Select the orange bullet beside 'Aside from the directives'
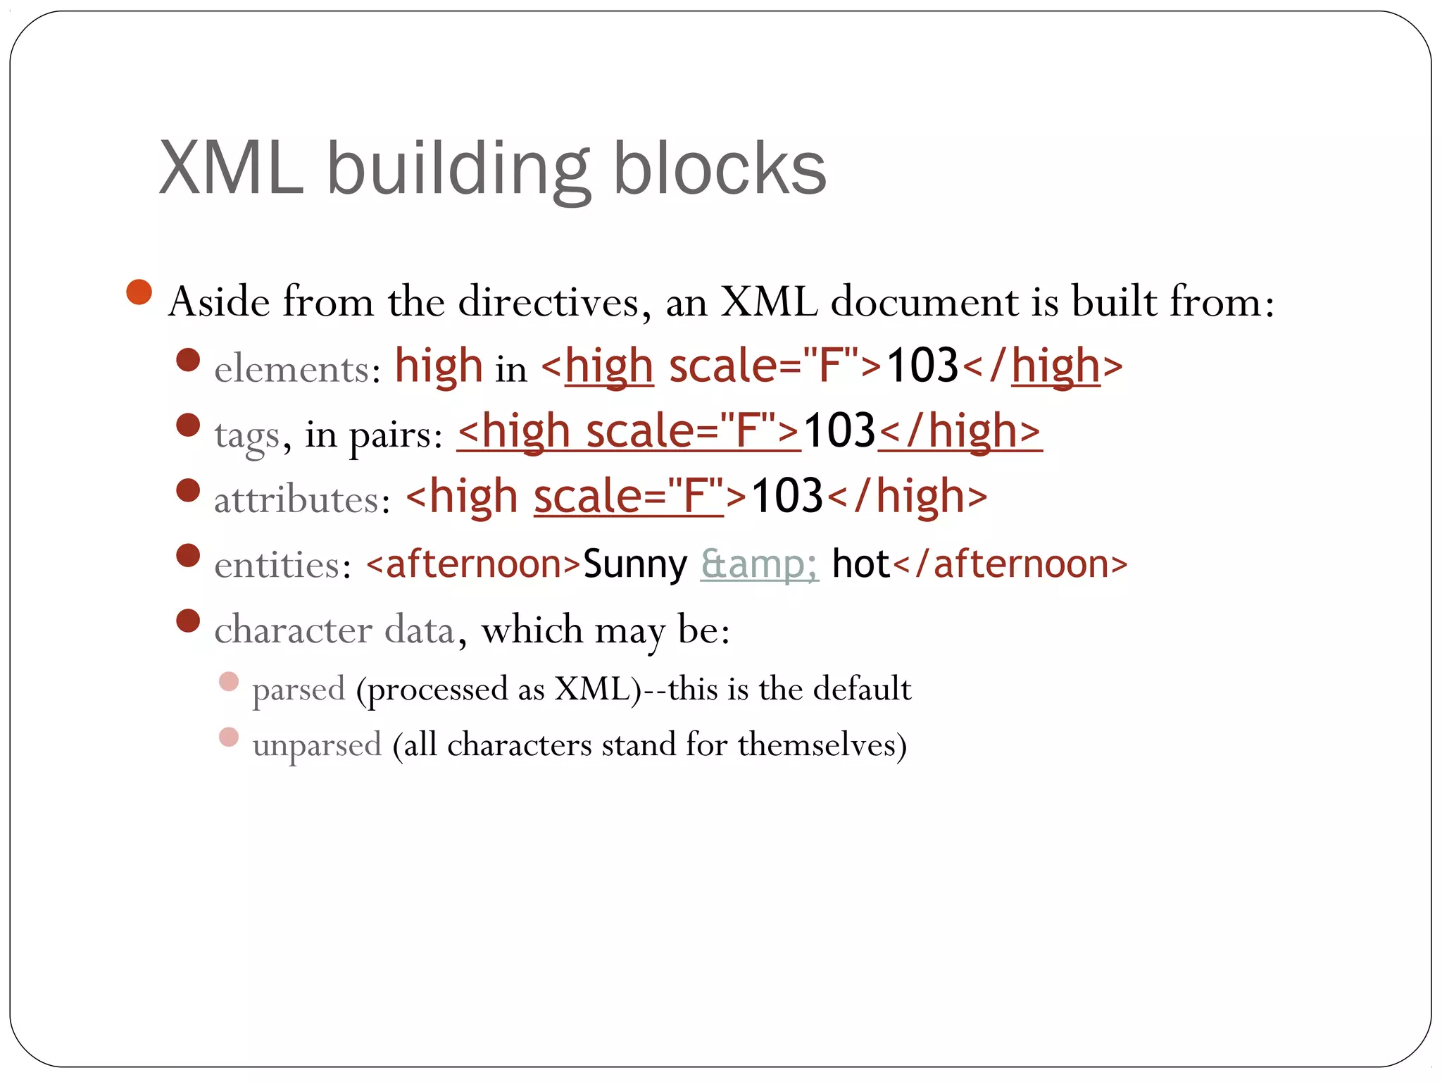click(x=139, y=292)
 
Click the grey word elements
click(x=292, y=369)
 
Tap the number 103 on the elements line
click(x=922, y=366)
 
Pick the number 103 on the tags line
click(x=839, y=431)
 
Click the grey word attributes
click(x=296, y=500)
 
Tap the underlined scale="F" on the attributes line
click(x=628, y=497)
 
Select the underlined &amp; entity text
click(x=759, y=564)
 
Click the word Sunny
click(x=635, y=564)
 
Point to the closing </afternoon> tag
click(x=1010, y=564)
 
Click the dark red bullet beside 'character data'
click(x=188, y=621)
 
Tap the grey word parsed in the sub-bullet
click(x=299, y=689)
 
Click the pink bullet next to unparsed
click(x=229, y=737)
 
